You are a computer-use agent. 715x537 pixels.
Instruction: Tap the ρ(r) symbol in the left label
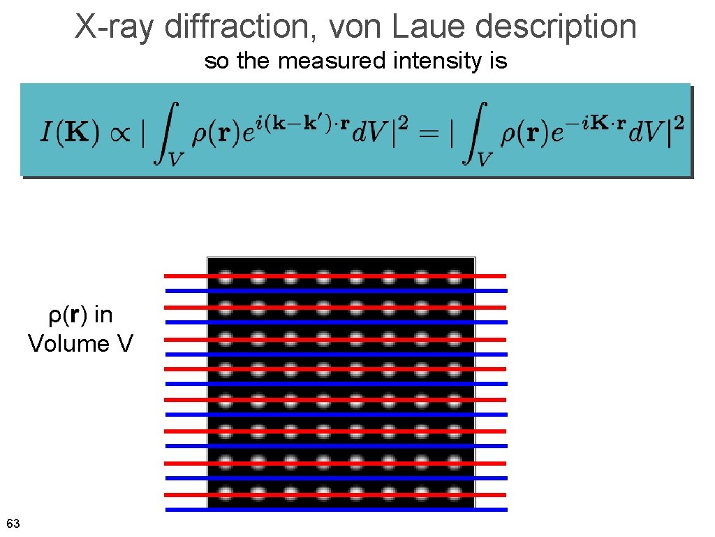(x=68, y=315)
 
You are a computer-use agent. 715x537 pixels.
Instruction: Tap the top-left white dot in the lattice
(x=225, y=275)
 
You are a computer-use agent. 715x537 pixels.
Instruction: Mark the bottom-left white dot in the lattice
(x=225, y=492)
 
